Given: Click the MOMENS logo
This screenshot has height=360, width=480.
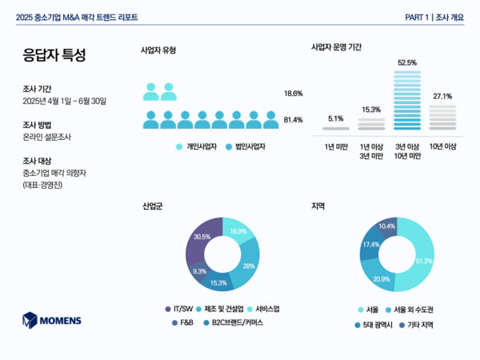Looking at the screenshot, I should (x=52, y=320).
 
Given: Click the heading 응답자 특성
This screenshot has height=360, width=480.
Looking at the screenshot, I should (x=54, y=55).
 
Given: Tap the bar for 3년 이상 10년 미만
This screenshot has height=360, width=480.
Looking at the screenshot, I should (x=407, y=100).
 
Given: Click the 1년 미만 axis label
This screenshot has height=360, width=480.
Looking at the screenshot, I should (x=335, y=146).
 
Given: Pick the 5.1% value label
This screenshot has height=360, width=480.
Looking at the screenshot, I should (x=335, y=118).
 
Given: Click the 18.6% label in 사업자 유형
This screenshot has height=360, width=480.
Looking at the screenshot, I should (x=293, y=94).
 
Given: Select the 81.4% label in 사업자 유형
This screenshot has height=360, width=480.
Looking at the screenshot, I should (x=293, y=120).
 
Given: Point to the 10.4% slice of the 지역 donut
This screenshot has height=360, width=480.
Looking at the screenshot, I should (x=387, y=226).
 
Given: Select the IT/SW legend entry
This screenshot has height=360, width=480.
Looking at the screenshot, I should (x=178, y=309).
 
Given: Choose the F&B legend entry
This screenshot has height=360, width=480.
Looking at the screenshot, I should (x=182, y=323).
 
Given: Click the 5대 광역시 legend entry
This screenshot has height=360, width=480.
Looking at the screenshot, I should (x=374, y=325).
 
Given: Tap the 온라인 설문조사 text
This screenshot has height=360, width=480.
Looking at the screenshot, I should (x=47, y=137).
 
